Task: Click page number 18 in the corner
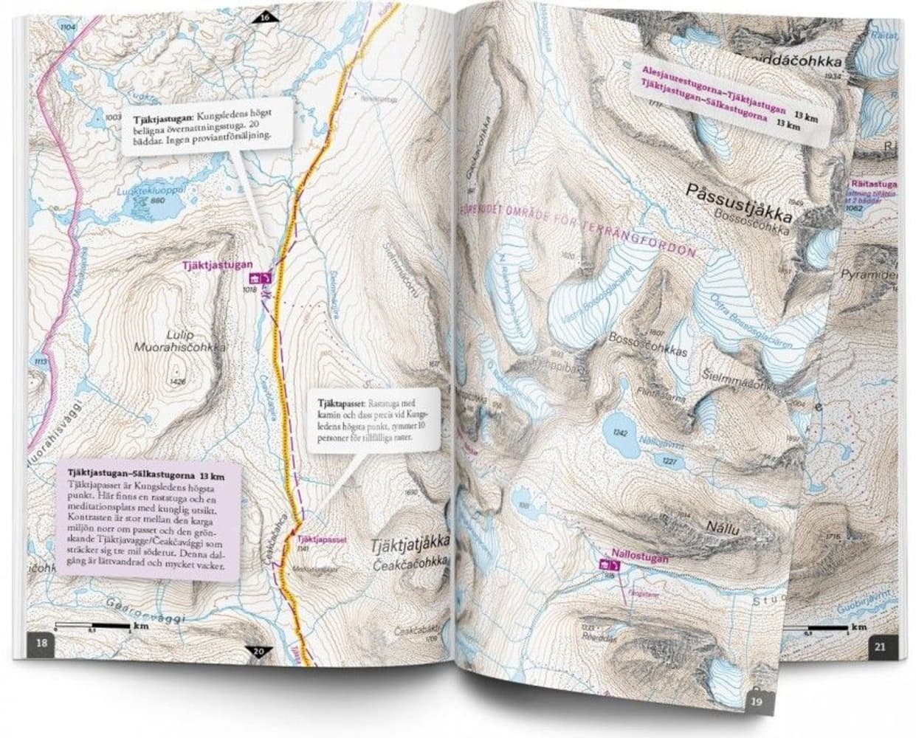point(43,644)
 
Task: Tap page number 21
point(878,648)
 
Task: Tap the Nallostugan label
point(639,559)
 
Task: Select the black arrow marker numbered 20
point(258,651)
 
